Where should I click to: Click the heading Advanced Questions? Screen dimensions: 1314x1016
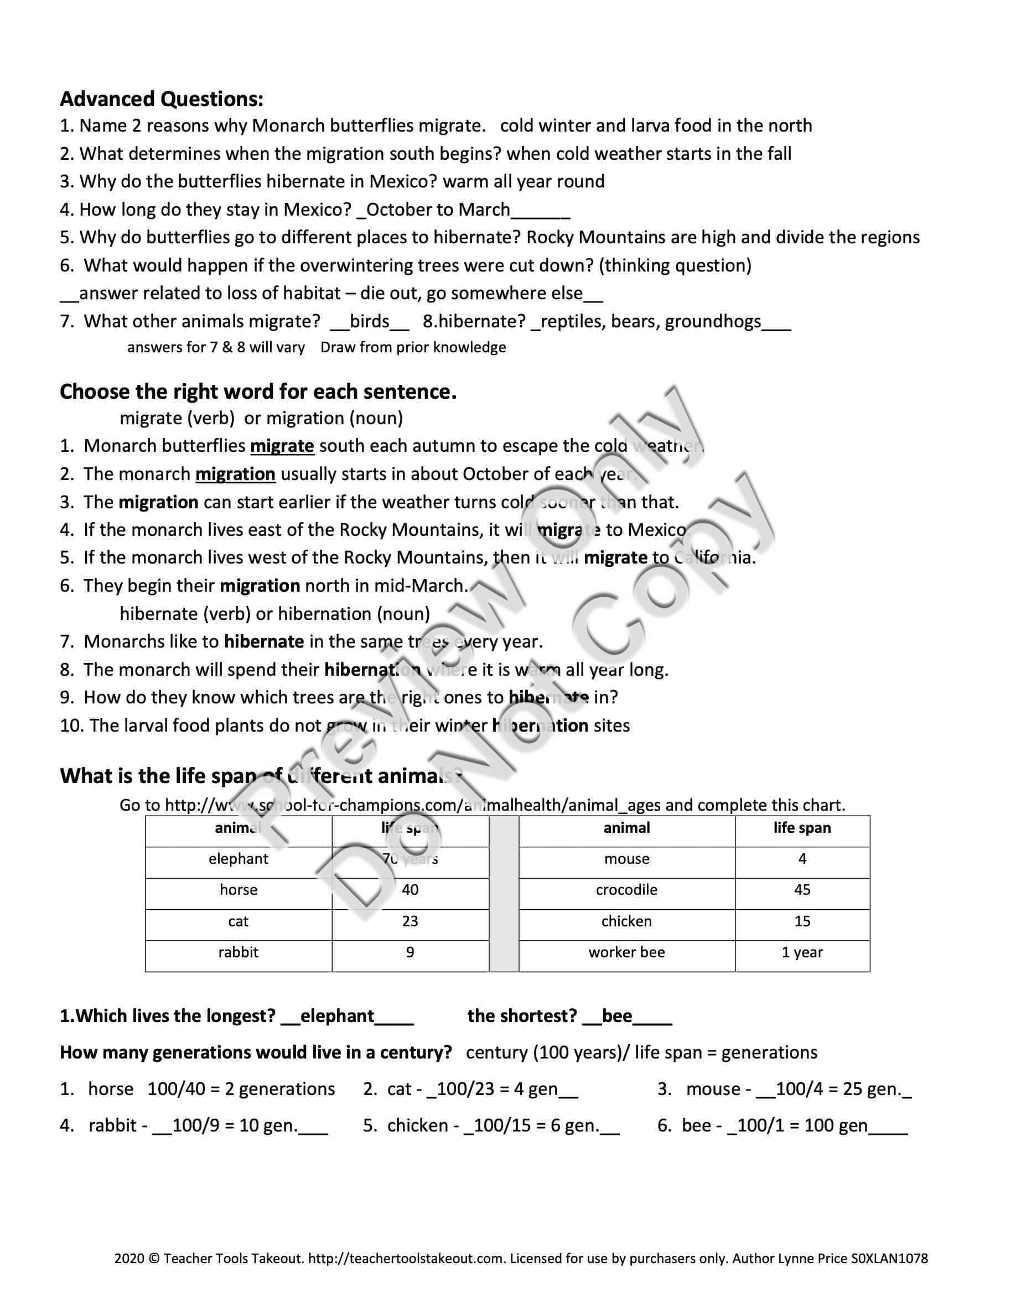(x=161, y=98)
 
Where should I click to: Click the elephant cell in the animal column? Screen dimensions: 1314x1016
(x=239, y=858)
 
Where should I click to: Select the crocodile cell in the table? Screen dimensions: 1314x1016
(x=626, y=890)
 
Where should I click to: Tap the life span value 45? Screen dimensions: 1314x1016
(x=802, y=890)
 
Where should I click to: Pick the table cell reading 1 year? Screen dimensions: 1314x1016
(x=802, y=952)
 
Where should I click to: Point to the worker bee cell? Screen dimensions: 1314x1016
(x=626, y=952)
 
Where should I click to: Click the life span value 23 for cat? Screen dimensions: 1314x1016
(x=410, y=921)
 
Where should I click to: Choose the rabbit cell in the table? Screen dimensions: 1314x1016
(x=239, y=952)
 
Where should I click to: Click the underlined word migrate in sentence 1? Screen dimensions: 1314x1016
(x=282, y=446)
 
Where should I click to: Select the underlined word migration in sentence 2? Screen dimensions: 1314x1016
(x=235, y=474)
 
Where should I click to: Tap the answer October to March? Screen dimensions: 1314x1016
(x=438, y=210)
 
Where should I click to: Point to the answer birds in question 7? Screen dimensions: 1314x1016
(x=370, y=321)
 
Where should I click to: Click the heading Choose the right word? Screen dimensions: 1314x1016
(x=258, y=392)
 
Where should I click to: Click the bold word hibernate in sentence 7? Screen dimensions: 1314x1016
(x=263, y=642)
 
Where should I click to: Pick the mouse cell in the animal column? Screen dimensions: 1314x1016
(x=626, y=858)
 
